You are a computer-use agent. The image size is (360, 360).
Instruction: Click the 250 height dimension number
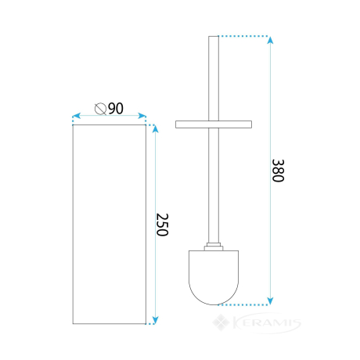click(x=162, y=225)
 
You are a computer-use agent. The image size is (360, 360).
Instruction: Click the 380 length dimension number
click(x=278, y=171)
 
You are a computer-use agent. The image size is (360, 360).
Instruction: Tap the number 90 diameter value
click(x=116, y=109)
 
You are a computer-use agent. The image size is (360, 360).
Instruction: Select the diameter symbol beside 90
click(x=100, y=109)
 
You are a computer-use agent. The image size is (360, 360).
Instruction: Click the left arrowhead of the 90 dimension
click(x=76, y=116)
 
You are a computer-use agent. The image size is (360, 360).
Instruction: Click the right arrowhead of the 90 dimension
click(x=142, y=116)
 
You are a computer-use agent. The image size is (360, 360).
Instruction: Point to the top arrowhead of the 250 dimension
click(x=156, y=129)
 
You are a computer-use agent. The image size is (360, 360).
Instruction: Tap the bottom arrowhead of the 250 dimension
click(x=156, y=320)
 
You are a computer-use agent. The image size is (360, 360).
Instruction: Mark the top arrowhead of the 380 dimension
click(x=271, y=40)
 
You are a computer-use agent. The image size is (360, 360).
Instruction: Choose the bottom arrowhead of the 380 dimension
click(x=271, y=301)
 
